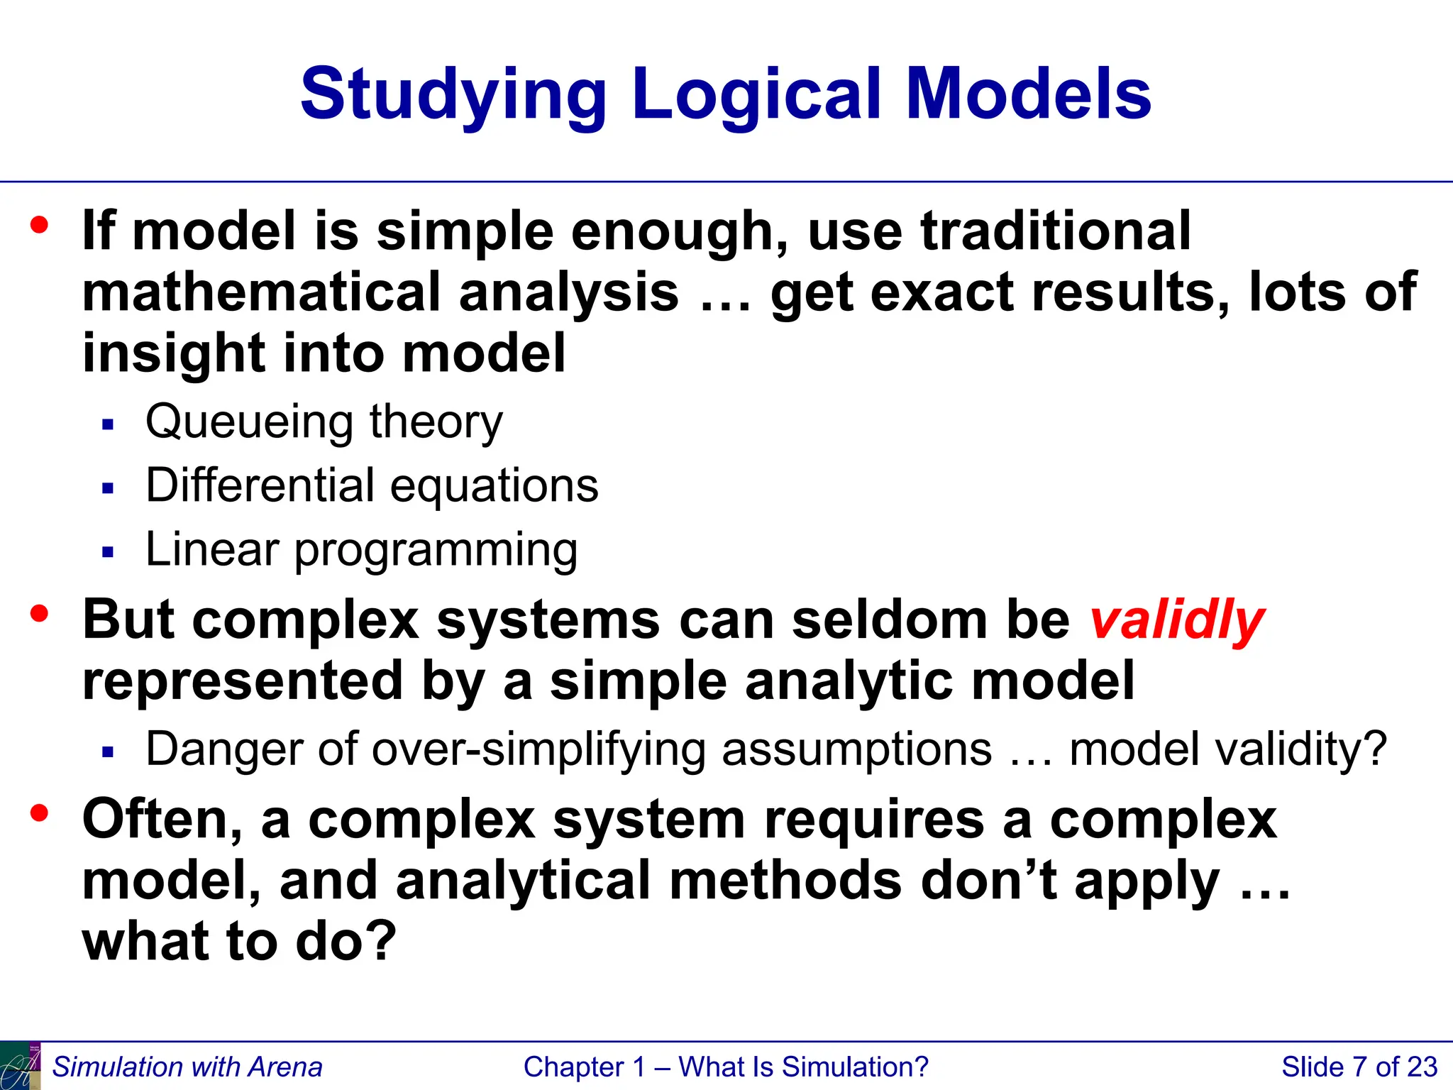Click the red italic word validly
click(x=1176, y=620)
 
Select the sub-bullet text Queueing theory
click(x=324, y=422)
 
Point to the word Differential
click(x=260, y=486)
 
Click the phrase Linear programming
click(x=361, y=550)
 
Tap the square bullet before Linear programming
click(x=108, y=552)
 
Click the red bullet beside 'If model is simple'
click(x=40, y=225)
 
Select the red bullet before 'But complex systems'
click(x=40, y=612)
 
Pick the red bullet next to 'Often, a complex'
click(x=40, y=812)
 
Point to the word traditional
click(x=1056, y=231)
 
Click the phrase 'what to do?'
click(x=239, y=941)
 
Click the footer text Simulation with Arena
click(x=187, y=1067)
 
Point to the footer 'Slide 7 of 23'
click(x=1359, y=1067)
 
